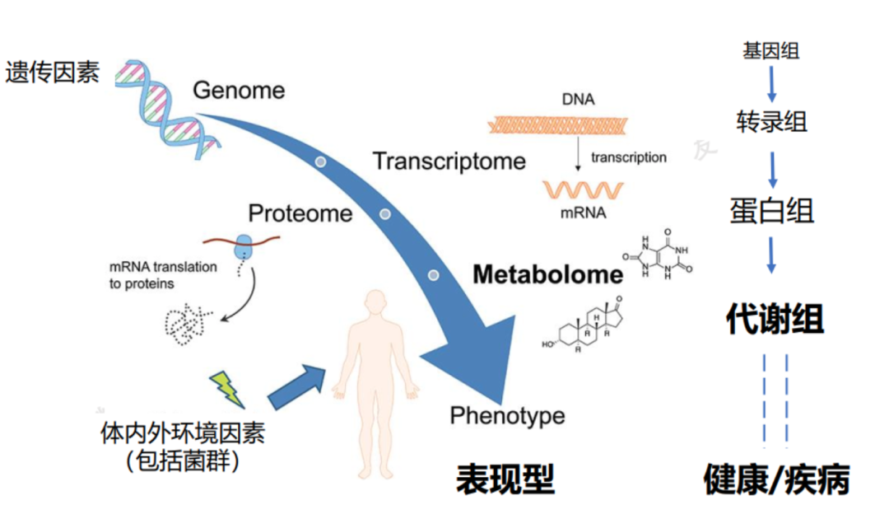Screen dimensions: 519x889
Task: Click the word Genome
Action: pyautogui.click(x=239, y=90)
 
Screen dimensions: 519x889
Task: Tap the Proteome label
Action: pyautogui.click(x=300, y=213)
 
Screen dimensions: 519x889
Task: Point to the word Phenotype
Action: pyautogui.click(x=507, y=415)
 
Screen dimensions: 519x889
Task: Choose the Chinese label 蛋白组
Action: pyautogui.click(x=771, y=211)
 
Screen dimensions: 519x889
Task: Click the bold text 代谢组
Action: pyautogui.click(x=774, y=319)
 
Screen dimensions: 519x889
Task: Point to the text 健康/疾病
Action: pyautogui.click(x=776, y=479)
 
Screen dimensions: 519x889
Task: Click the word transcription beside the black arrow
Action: pyautogui.click(x=628, y=157)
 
